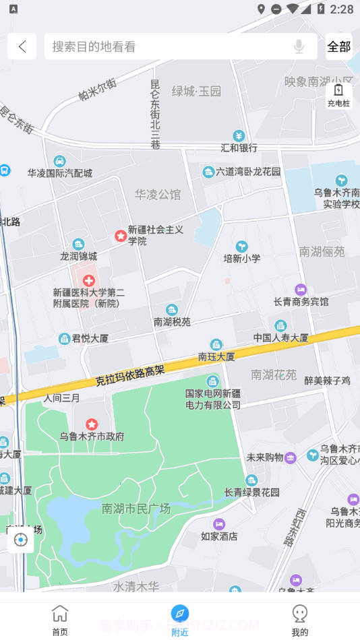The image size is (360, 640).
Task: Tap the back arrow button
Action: [22, 46]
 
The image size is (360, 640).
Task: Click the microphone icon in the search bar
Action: [299, 46]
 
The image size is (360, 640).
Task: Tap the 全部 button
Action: [339, 46]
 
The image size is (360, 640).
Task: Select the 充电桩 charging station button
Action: [338, 95]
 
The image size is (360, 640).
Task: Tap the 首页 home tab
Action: [60, 620]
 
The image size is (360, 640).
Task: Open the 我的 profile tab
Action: [300, 620]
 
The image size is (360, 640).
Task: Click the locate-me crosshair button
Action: [21, 540]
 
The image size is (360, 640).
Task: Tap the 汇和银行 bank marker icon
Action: [239, 135]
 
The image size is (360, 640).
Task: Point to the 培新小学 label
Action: [242, 258]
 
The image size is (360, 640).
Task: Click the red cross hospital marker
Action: [88, 280]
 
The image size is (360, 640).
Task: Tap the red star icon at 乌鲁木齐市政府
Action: [92, 424]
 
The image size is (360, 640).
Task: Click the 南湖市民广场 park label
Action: [136, 509]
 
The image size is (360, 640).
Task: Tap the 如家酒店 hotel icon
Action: [219, 524]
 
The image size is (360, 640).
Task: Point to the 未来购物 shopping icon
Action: [291, 457]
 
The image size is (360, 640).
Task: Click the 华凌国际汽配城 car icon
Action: [59, 160]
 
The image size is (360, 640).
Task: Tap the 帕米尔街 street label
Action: [97, 89]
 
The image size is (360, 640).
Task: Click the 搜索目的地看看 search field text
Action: [94, 46]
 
